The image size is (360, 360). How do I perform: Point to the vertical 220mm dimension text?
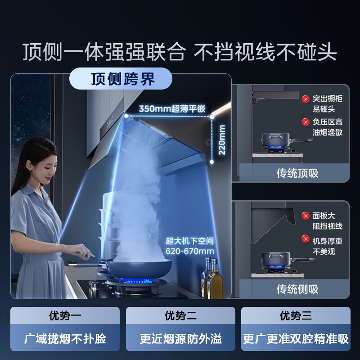click(x=222, y=140)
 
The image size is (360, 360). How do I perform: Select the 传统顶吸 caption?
click(x=297, y=173)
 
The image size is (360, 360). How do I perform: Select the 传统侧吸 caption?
click(x=297, y=288)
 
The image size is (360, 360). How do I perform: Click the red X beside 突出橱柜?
click(x=306, y=98)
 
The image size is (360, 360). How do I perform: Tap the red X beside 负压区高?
click(x=306, y=122)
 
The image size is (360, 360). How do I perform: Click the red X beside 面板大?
click(x=306, y=216)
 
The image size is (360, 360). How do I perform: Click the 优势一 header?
click(x=65, y=315)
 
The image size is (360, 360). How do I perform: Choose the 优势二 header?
click(x=180, y=315)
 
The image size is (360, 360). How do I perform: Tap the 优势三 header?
click(x=296, y=315)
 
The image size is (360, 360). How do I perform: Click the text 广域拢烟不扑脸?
click(x=65, y=339)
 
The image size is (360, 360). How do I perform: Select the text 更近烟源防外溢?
click(x=180, y=339)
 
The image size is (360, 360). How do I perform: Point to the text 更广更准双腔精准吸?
click(x=296, y=339)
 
